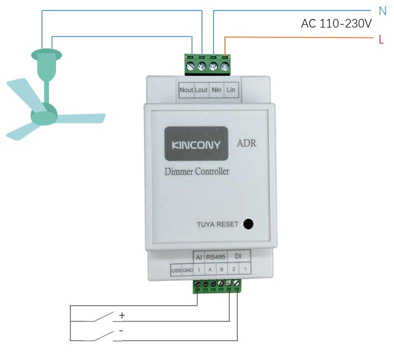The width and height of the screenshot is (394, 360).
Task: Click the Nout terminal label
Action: pos(186,90)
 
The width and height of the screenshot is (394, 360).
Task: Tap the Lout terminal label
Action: pos(201,90)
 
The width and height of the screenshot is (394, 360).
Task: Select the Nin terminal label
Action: pos(216,90)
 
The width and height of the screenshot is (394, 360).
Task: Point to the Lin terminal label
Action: pos(230,90)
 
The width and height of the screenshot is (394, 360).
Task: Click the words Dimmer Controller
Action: pos(197,172)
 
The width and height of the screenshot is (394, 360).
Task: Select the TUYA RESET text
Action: pos(217,224)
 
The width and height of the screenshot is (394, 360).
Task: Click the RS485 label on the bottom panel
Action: pos(216,257)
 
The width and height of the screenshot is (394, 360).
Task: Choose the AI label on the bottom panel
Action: pos(198,257)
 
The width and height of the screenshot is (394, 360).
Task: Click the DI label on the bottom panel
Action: pos(238,257)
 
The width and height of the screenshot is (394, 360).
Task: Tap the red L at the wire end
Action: pos(381,40)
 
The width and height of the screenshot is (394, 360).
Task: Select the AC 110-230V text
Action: pos(336,23)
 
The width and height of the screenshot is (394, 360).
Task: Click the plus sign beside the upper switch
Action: pos(121,315)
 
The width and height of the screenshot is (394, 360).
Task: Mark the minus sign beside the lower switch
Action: pos(121,331)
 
